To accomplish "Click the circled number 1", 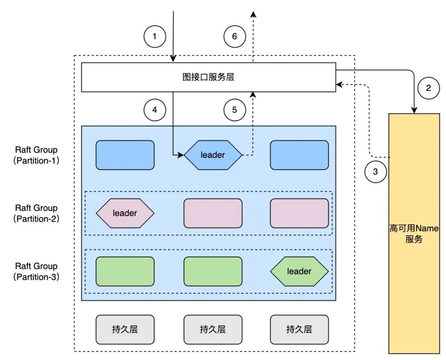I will [x=154, y=36].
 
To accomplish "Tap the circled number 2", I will [x=428, y=88].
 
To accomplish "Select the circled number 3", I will [x=375, y=172].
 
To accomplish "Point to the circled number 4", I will [x=154, y=110].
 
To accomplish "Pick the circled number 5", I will [x=235, y=110].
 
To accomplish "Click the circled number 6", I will [x=235, y=36].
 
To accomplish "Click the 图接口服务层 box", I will [x=209, y=77].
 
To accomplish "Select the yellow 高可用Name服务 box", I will [x=414, y=234].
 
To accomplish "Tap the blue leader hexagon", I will [x=213, y=155].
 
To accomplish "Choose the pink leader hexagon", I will [x=125, y=213].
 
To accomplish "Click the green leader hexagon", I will [x=299, y=271].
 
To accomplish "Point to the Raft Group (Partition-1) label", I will [x=36, y=155].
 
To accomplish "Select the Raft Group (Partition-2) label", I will [x=36, y=213].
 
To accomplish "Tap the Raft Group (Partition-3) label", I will [x=36, y=272].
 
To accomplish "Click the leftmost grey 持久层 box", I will [x=125, y=329].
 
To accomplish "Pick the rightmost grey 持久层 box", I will [x=299, y=329].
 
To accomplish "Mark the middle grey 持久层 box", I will [x=213, y=329].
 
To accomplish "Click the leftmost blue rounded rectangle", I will [x=125, y=155].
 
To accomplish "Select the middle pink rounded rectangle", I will [x=213, y=213].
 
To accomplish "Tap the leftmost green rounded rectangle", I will [x=125, y=271].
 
